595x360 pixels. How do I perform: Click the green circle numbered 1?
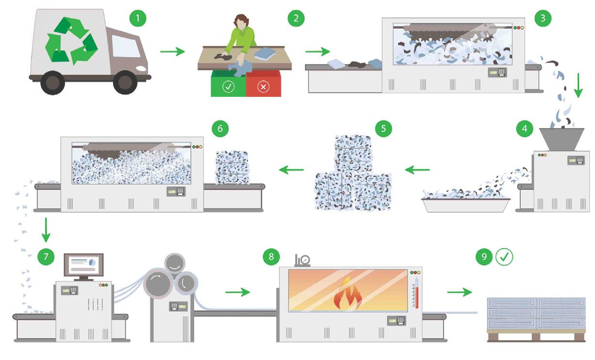(138, 18)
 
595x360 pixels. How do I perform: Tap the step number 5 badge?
(383, 128)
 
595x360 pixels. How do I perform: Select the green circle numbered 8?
(271, 257)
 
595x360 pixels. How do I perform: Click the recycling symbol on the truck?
(71, 41)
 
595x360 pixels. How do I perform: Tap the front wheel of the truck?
(125, 82)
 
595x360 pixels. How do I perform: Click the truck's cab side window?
(125, 46)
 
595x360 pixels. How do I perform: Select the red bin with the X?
(263, 83)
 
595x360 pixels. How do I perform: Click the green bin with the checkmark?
(228, 83)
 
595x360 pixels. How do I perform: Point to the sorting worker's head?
(241, 22)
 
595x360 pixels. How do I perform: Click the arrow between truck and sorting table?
(172, 51)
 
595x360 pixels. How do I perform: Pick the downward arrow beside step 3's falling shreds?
(578, 85)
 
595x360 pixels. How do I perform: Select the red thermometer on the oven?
(417, 293)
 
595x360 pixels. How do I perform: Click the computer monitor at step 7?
(84, 265)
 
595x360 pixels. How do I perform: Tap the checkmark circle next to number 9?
(504, 257)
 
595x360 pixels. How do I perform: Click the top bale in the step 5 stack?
(353, 154)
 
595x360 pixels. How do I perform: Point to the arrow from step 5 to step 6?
(291, 170)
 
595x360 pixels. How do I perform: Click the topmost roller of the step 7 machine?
(174, 263)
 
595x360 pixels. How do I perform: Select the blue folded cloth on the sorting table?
(264, 54)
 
